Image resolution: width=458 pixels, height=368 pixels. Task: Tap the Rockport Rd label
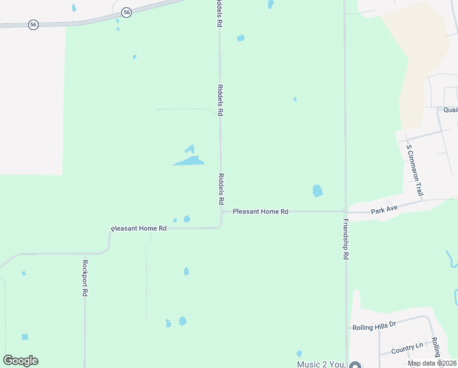tap(85, 278)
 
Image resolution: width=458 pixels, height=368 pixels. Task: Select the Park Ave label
tap(385, 209)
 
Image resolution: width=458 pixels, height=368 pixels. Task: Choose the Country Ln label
tap(407, 347)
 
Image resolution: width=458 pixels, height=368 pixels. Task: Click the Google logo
tap(21, 361)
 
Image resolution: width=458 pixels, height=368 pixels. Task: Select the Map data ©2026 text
tap(432, 363)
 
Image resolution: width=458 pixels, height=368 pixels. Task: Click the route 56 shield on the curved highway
tap(126, 12)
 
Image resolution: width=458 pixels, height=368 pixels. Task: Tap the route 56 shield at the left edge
tap(33, 25)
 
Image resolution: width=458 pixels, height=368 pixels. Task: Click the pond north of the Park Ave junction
tap(317, 191)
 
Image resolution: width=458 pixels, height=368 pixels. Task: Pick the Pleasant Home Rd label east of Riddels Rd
tap(260, 212)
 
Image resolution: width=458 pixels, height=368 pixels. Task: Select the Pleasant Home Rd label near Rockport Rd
tap(138, 228)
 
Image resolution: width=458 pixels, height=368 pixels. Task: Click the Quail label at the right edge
tap(451, 110)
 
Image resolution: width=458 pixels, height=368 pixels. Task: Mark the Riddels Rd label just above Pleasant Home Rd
tap(220, 189)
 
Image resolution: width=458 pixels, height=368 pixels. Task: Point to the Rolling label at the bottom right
tap(436, 348)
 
